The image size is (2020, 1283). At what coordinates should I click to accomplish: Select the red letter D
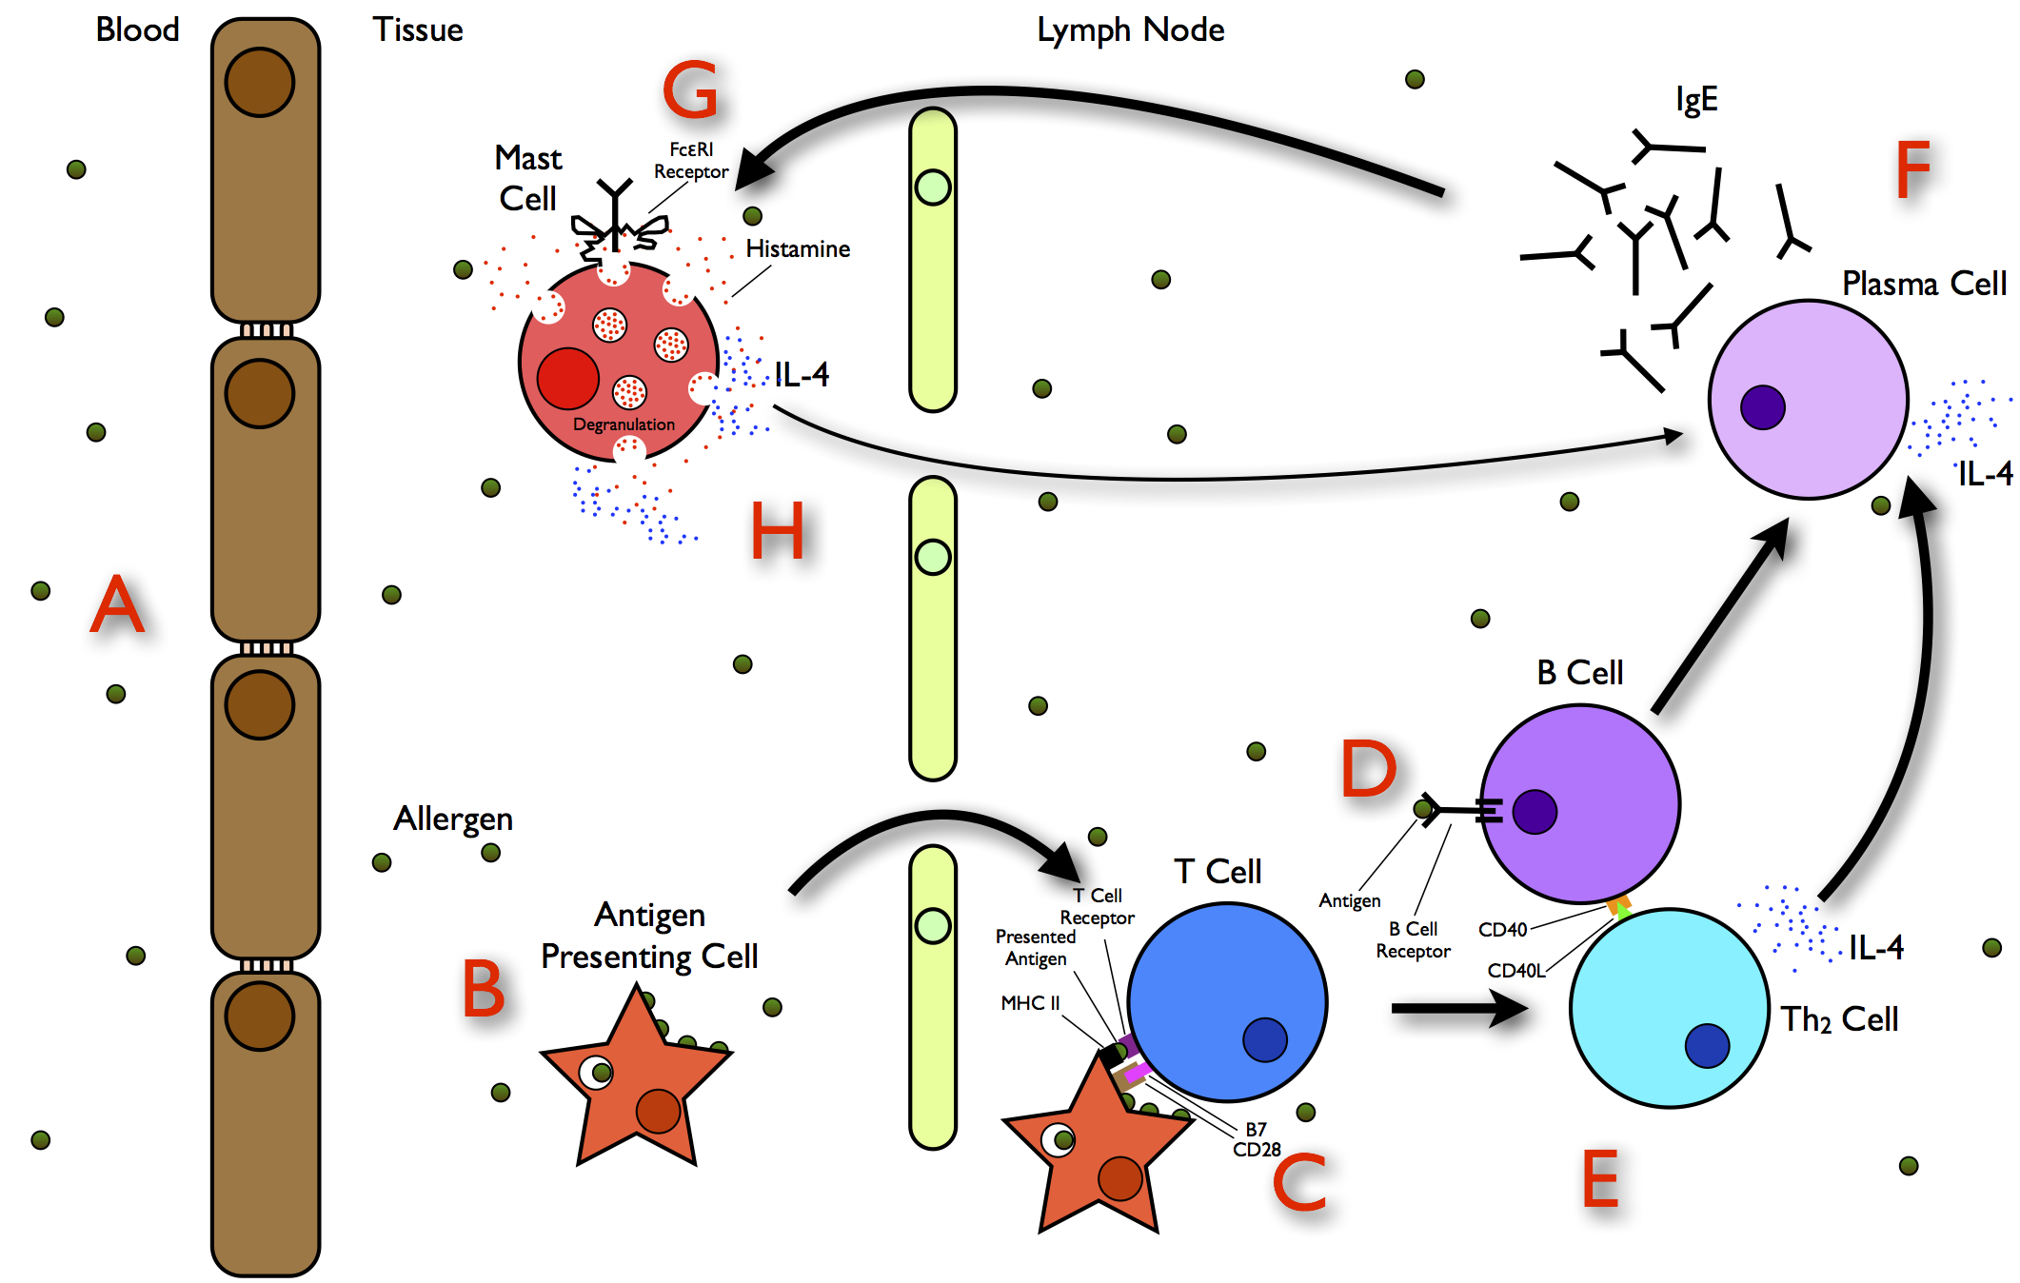pos(1368,769)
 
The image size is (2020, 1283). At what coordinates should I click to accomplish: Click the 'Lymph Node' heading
pos(1130,30)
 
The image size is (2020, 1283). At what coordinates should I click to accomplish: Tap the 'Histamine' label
pos(798,249)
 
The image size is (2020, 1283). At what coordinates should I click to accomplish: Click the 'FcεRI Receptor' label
pos(691,161)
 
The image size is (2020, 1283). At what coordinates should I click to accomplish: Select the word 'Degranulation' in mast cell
pos(624,424)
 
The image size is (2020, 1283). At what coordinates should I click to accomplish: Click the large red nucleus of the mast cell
pos(567,378)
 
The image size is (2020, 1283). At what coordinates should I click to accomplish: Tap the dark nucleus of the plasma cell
pos(1762,407)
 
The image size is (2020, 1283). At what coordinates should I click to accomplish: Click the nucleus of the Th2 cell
pos(1707,1045)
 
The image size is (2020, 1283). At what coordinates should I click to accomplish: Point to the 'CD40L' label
pos(1515,971)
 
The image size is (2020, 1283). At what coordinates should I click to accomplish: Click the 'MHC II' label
pos(1030,1003)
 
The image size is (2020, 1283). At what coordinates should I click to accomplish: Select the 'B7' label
pos(1256,1129)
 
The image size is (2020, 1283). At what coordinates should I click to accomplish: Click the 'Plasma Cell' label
pos(1924,284)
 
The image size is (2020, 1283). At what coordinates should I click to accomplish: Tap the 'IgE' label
pos(1696,99)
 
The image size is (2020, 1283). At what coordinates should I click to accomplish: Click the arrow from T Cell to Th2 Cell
pos(1456,1008)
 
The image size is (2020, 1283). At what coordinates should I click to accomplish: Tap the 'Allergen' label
pos(453,819)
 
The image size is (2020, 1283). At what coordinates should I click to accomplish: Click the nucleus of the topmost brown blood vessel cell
pos(260,83)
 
